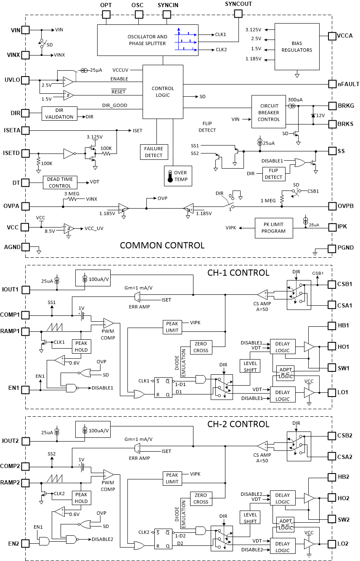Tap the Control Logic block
(x=163, y=92)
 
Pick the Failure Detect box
(x=154, y=152)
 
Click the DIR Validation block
(x=59, y=114)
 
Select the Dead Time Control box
(x=60, y=183)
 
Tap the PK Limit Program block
(x=273, y=228)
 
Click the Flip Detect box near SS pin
(x=273, y=174)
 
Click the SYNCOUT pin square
(x=238, y=14)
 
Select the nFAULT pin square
(x=332, y=84)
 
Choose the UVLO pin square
(x=26, y=80)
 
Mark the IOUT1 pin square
(x=26, y=290)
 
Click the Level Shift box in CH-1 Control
(x=250, y=366)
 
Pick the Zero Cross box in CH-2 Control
(x=201, y=499)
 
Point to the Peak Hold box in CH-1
(x=81, y=347)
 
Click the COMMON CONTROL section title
(x=162, y=246)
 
